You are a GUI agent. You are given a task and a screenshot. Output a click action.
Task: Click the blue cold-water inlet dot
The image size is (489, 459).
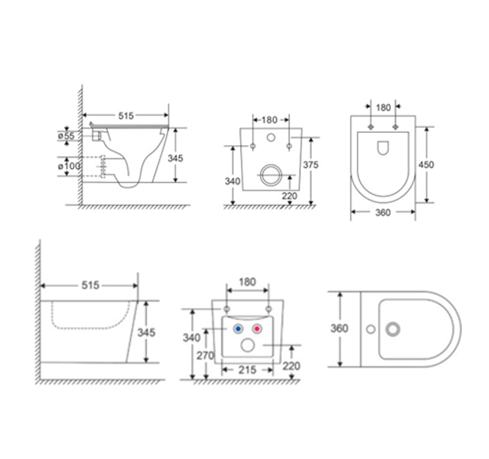click(238, 329)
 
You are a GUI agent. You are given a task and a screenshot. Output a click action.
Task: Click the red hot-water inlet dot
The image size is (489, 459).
click(257, 329)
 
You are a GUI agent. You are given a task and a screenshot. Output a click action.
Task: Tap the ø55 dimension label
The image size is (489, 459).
click(66, 136)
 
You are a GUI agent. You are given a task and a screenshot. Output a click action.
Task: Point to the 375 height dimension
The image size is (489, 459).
click(311, 165)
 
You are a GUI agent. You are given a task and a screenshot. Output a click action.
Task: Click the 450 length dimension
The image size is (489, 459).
click(426, 165)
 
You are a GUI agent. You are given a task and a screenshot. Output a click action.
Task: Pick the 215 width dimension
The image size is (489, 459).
click(247, 370)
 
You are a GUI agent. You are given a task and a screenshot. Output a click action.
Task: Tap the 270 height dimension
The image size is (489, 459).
click(205, 356)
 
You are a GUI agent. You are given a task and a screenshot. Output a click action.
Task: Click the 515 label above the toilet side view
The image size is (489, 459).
click(126, 116)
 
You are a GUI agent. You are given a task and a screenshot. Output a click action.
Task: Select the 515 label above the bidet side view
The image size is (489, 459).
click(90, 285)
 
